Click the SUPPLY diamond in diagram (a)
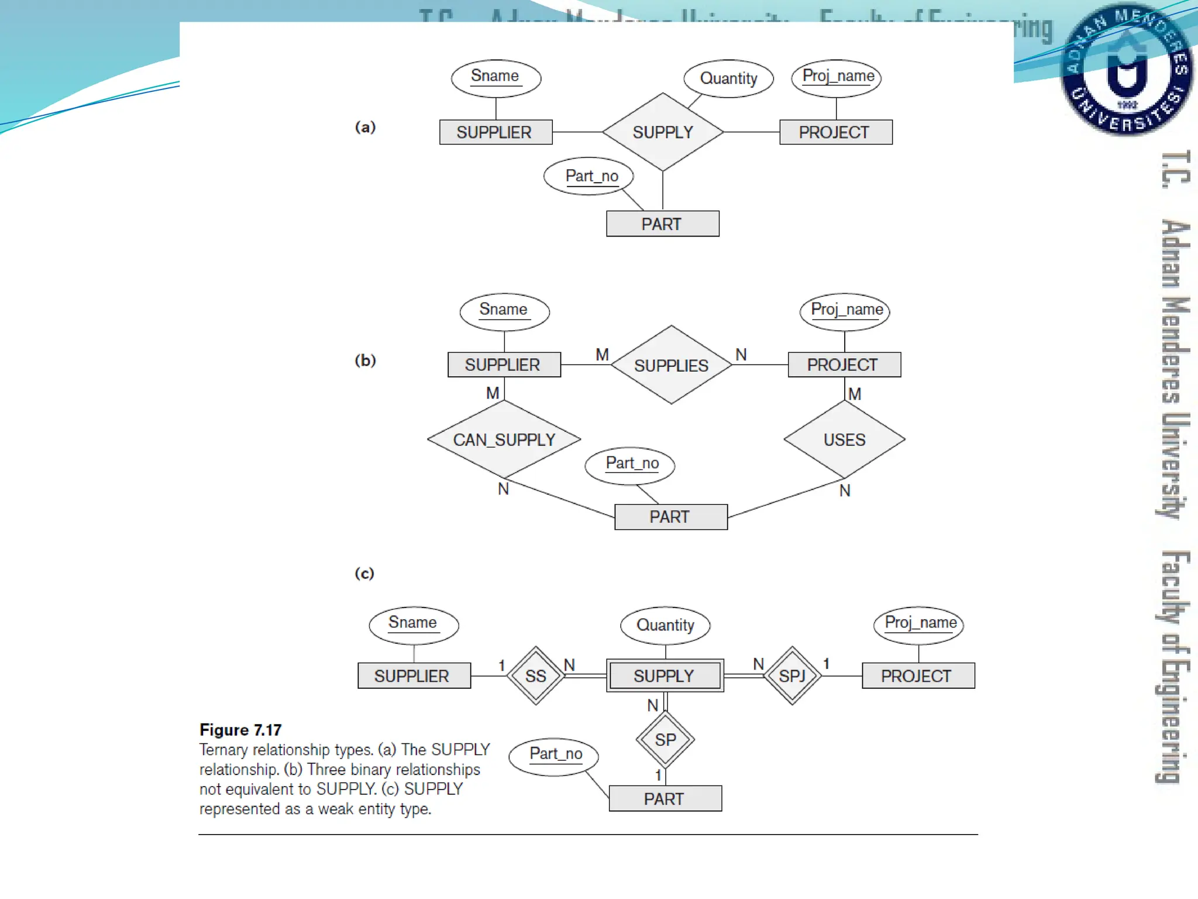tap(662, 132)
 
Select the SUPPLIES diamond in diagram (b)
tap(671, 365)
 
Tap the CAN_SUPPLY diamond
tap(504, 440)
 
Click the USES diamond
tap(844, 440)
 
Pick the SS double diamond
tap(535, 676)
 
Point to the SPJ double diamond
tap(792, 676)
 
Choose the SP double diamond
tap(665, 740)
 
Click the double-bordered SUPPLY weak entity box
tap(665, 676)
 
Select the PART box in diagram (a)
tap(662, 224)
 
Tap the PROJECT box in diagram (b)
tap(844, 365)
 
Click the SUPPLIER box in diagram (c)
tap(414, 676)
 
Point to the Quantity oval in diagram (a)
tap(728, 78)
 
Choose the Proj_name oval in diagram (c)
tap(919, 624)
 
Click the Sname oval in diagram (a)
tap(495, 77)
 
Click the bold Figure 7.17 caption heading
tap(240, 730)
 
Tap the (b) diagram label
tap(365, 360)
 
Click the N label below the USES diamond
tap(845, 491)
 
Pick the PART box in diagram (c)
tap(665, 799)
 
